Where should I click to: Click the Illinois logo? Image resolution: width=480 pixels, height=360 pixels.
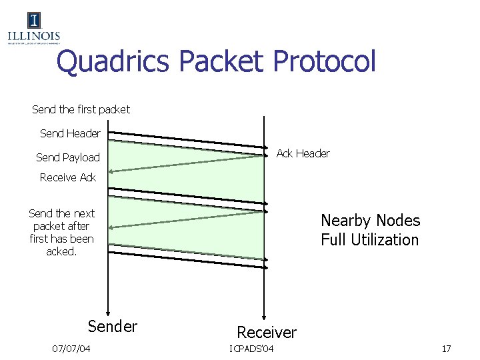tap(33, 28)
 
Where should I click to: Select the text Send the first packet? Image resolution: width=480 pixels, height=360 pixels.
tap(81, 109)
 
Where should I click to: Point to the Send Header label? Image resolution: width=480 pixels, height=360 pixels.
tap(70, 133)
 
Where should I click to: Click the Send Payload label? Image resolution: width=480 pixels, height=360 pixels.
tap(67, 157)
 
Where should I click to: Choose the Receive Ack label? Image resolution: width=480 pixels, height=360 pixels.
tap(68, 177)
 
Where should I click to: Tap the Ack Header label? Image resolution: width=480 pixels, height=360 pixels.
tap(303, 153)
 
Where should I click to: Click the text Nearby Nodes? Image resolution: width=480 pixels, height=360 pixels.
tap(370, 220)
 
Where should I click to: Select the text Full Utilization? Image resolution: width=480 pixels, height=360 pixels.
tap(369, 239)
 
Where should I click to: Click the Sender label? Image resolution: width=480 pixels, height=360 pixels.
tap(113, 326)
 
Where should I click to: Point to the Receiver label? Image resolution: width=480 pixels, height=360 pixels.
tap(267, 332)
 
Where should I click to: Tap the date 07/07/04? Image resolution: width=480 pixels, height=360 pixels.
tap(71, 349)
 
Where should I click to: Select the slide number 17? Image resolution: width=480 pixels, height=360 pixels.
tap(446, 349)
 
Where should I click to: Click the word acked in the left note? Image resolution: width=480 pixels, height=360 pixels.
tap(61, 251)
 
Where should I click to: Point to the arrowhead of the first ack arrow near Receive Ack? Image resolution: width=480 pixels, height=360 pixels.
tap(112, 172)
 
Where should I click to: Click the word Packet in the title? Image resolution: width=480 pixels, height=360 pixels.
tap(223, 62)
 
